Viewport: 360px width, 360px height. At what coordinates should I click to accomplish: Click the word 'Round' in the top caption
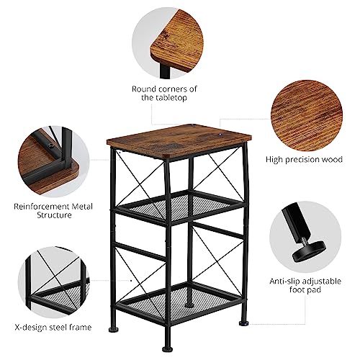tap(144, 89)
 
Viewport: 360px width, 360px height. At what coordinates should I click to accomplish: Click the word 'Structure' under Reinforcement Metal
tap(54, 215)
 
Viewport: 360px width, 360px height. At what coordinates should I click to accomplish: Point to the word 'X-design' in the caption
tap(31, 327)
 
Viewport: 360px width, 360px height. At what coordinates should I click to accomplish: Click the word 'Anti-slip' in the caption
tap(285, 282)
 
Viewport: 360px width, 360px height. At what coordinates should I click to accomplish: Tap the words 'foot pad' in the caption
tap(305, 289)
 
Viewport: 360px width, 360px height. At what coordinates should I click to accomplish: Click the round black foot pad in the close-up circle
tap(309, 251)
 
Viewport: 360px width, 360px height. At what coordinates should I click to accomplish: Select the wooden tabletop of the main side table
tap(179, 140)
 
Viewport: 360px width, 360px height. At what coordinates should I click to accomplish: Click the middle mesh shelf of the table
tap(179, 207)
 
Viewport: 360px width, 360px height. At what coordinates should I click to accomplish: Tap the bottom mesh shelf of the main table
tap(179, 303)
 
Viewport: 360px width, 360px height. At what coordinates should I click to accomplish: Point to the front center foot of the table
tap(166, 348)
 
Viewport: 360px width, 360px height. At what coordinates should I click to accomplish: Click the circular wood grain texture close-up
tap(307, 116)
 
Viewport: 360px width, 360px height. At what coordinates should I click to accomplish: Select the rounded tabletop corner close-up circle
tap(168, 42)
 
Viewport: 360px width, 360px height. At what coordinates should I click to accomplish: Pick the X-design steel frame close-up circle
tap(54, 282)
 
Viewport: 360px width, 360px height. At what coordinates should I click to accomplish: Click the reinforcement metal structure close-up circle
tap(53, 161)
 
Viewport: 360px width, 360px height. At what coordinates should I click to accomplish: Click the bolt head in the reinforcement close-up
tap(50, 145)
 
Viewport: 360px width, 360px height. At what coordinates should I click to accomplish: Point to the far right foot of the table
tap(243, 324)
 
